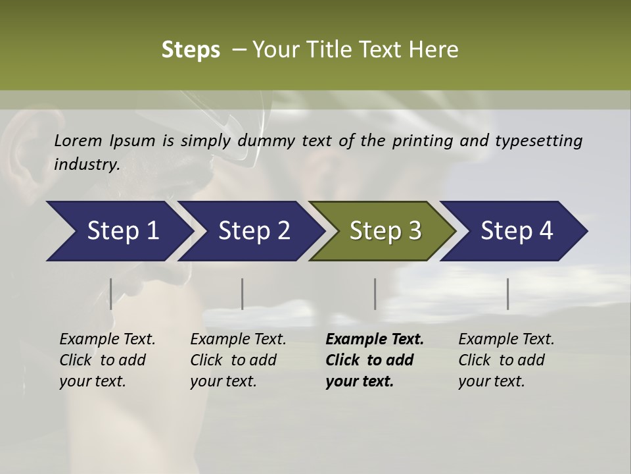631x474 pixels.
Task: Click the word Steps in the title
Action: [x=191, y=50]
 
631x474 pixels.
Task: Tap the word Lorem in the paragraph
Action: [x=78, y=141]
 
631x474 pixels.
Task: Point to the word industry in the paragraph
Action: [x=86, y=164]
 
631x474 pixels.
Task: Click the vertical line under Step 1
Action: [x=111, y=294]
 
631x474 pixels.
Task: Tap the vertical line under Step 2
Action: [x=243, y=294]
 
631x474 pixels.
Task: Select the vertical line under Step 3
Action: [x=375, y=294]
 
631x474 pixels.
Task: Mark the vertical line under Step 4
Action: [x=507, y=294]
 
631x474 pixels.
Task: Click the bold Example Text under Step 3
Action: [x=375, y=340]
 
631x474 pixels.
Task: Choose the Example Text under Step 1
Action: [x=107, y=340]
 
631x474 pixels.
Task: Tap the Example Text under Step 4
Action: [x=506, y=340]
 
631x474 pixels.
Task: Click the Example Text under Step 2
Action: [x=238, y=340]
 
